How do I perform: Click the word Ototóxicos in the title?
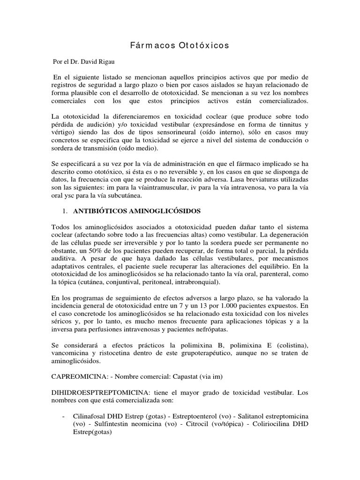coord(204,45)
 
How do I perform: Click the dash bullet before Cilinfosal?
coord(63,416)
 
